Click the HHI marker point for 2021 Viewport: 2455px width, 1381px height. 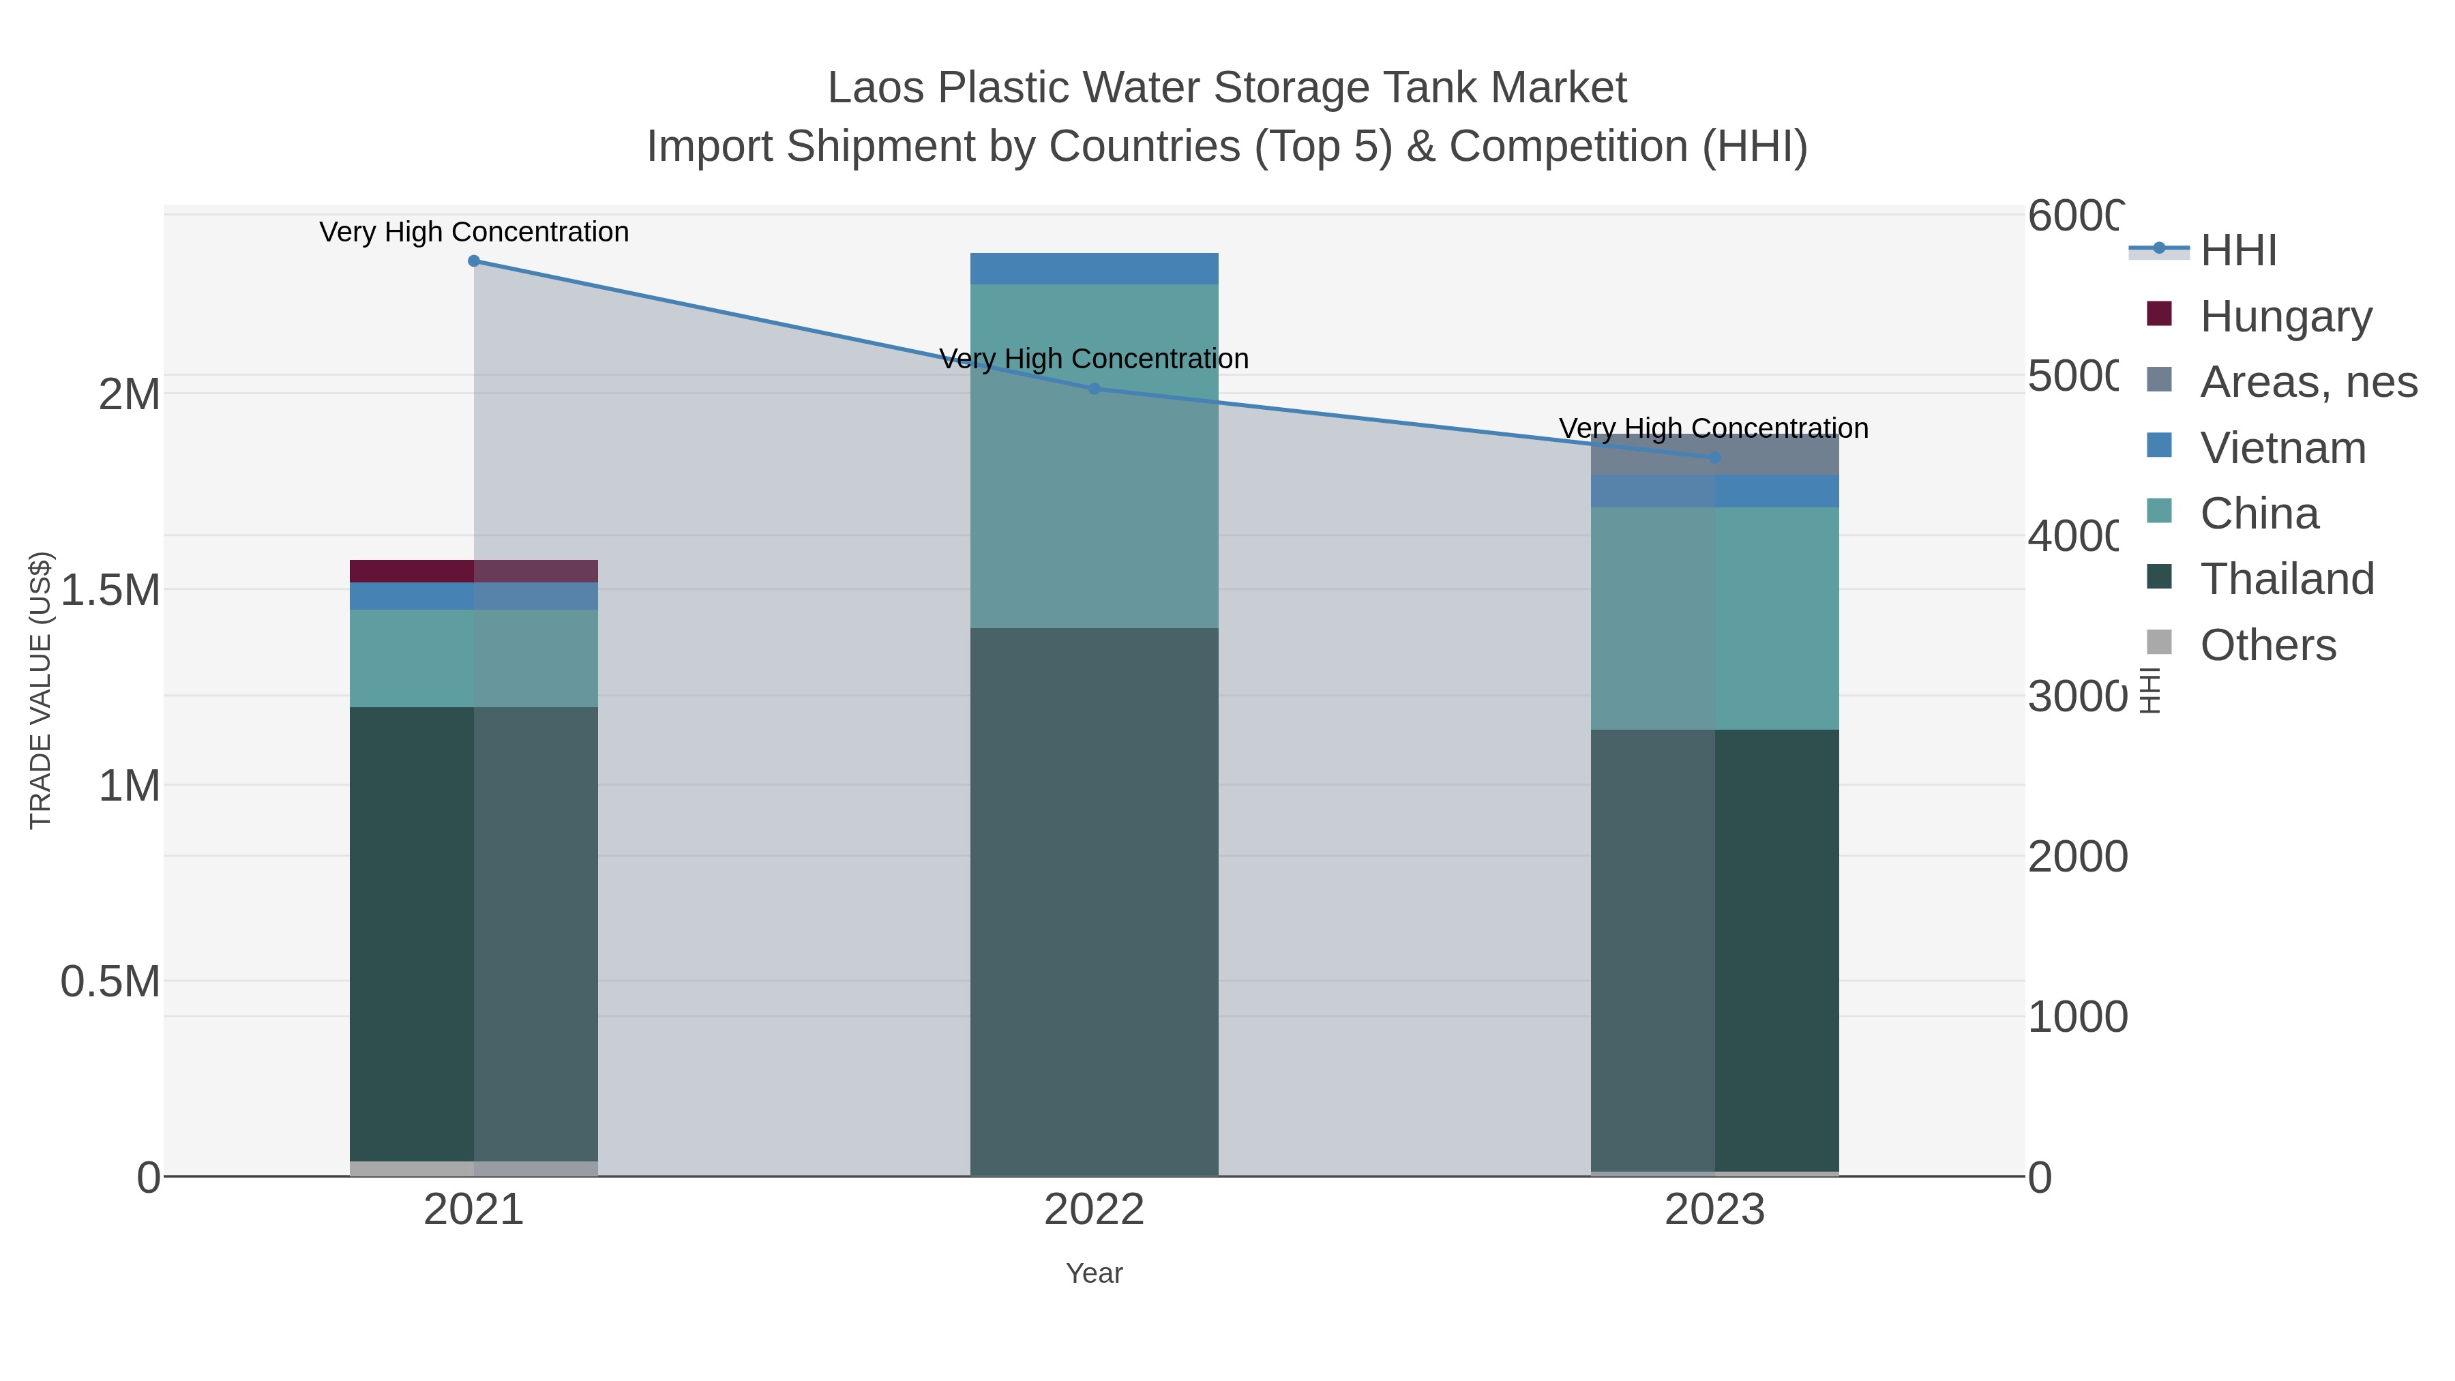[474, 261]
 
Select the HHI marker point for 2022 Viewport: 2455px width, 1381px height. [1094, 389]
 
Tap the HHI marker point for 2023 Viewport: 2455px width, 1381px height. [1714, 458]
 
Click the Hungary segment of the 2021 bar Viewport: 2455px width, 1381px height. [474, 571]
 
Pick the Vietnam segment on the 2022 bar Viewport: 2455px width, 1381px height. [1094, 269]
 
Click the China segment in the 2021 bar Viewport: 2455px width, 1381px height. [474, 657]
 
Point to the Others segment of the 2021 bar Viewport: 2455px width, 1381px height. [474, 1168]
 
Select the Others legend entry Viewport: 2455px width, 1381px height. [2267, 645]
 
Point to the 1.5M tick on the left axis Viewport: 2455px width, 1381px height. [110, 591]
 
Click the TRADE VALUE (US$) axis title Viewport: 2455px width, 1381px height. [40, 690]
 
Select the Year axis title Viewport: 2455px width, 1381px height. [1094, 1273]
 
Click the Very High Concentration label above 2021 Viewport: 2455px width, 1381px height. [474, 232]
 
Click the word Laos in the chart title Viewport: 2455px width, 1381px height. [875, 88]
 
